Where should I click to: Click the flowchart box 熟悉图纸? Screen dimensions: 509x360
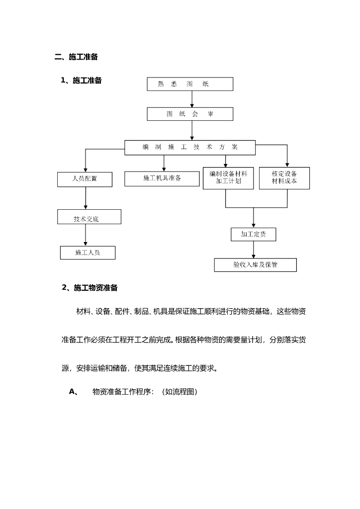coord(190,84)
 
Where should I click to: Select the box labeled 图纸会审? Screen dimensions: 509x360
coord(190,114)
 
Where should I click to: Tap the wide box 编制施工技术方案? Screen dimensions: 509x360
coord(190,147)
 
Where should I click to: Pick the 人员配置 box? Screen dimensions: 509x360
coord(85,179)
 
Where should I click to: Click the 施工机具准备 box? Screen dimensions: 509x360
coord(162,178)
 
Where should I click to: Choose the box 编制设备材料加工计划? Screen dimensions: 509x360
coord(228,178)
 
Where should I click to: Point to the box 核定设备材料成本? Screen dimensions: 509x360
coord(284,178)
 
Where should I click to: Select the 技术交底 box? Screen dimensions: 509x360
coord(89,217)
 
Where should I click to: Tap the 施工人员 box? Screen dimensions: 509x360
coord(88,253)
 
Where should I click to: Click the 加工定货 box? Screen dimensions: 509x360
coord(253,234)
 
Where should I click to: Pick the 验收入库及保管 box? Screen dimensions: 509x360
coord(255,265)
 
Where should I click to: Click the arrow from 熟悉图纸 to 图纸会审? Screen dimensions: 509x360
coord(192,99)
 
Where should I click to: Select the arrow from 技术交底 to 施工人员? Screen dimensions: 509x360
coord(86,235)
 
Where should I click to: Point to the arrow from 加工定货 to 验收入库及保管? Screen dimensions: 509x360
coord(254,250)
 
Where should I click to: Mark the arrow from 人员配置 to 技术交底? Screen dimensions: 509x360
coord(86,198)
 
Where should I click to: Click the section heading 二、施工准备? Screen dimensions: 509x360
coord(76,57)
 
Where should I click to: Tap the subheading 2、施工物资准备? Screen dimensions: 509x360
coord(90,287)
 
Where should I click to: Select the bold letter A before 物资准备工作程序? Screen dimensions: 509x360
coord(72,392)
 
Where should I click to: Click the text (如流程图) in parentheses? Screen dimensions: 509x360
coord(180,392)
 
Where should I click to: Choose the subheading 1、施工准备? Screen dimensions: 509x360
coord(81,81)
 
